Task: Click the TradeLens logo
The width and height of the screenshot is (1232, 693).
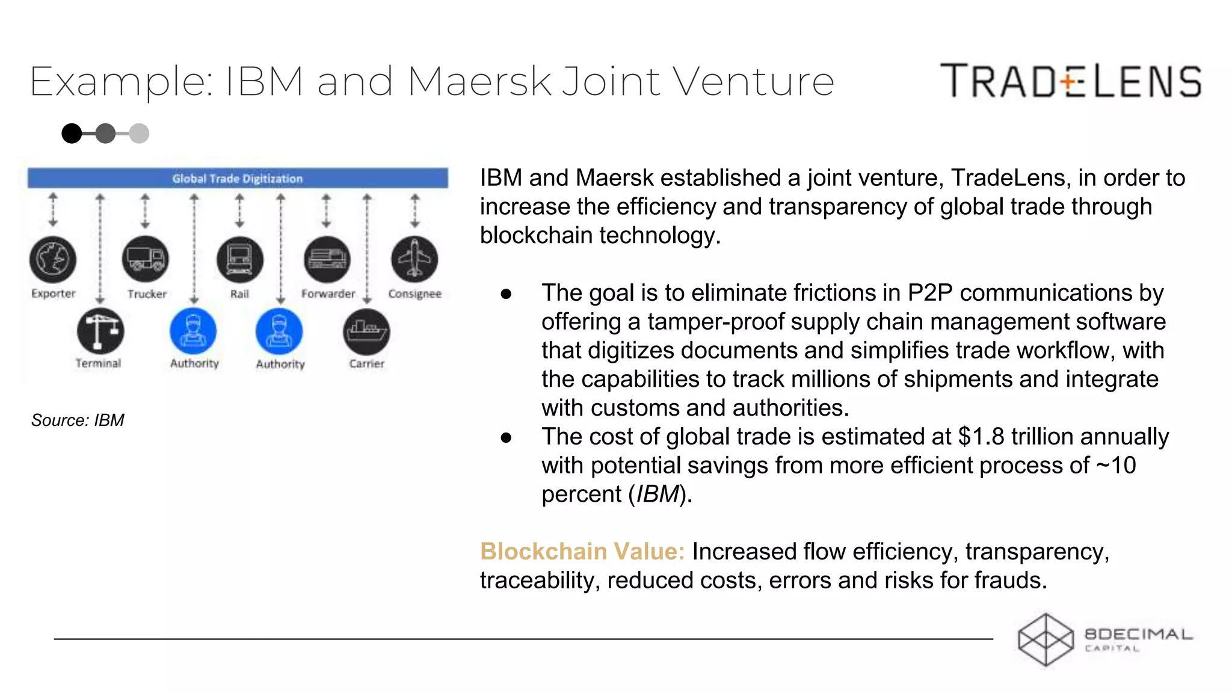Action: click(x=1071, y=81)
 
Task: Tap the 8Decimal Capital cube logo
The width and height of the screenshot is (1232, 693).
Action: click(x=1046, y=639)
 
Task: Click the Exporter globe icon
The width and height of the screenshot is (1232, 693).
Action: click(x=53, y=260)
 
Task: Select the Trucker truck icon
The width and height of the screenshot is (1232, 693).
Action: click(x=146, y=260)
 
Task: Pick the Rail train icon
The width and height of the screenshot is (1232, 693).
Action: click(x=239, y=260)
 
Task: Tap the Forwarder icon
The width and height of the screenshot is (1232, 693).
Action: click(x=327, y=260)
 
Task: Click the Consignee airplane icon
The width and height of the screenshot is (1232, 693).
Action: click(x=414, y=260)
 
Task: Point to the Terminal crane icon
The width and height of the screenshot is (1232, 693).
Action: click(x=100, y=331)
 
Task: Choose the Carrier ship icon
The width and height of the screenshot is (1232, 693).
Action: click(x=366, y=331)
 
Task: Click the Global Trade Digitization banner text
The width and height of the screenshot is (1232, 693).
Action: click(x=238, y=179)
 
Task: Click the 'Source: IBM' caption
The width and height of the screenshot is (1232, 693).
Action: click(x=78, y=420)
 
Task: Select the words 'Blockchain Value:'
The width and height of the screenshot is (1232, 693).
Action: click(x=582, y=552)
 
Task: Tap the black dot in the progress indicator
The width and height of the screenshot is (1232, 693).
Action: click(x=72, y=134)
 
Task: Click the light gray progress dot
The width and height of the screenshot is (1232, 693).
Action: click(x=139, y=134)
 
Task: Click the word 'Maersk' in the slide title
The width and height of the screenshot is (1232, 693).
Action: click(x=479, y=82)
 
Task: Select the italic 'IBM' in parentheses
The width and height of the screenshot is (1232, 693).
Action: click(x=658, y=494)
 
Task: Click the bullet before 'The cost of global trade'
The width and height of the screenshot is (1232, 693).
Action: click(x=506, y=437)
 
